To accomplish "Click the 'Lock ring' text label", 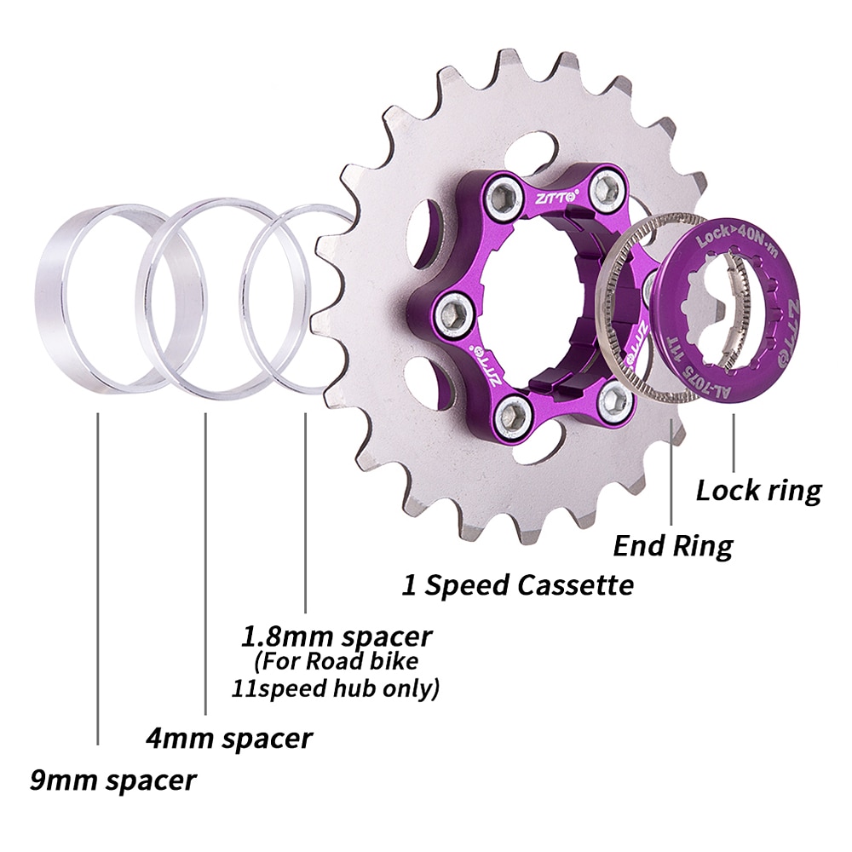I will (758, 491).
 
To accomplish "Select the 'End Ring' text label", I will (673, 545).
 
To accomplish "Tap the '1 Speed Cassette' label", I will (518, 585).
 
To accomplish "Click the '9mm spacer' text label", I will (112, 779).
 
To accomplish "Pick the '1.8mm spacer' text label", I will (337, 636).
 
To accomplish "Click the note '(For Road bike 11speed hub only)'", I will (336, 675).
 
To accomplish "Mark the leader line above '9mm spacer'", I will (99, 579).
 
